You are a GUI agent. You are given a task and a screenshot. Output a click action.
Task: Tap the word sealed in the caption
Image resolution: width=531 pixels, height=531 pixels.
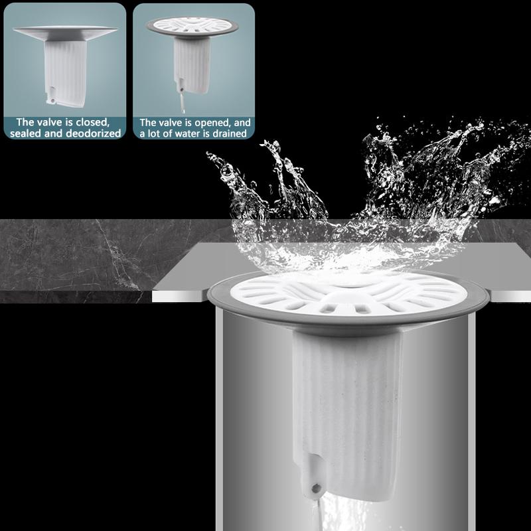tap(27, 133)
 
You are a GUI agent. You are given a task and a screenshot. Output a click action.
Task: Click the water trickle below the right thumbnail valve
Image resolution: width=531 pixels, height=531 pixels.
tap(179, 105)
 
